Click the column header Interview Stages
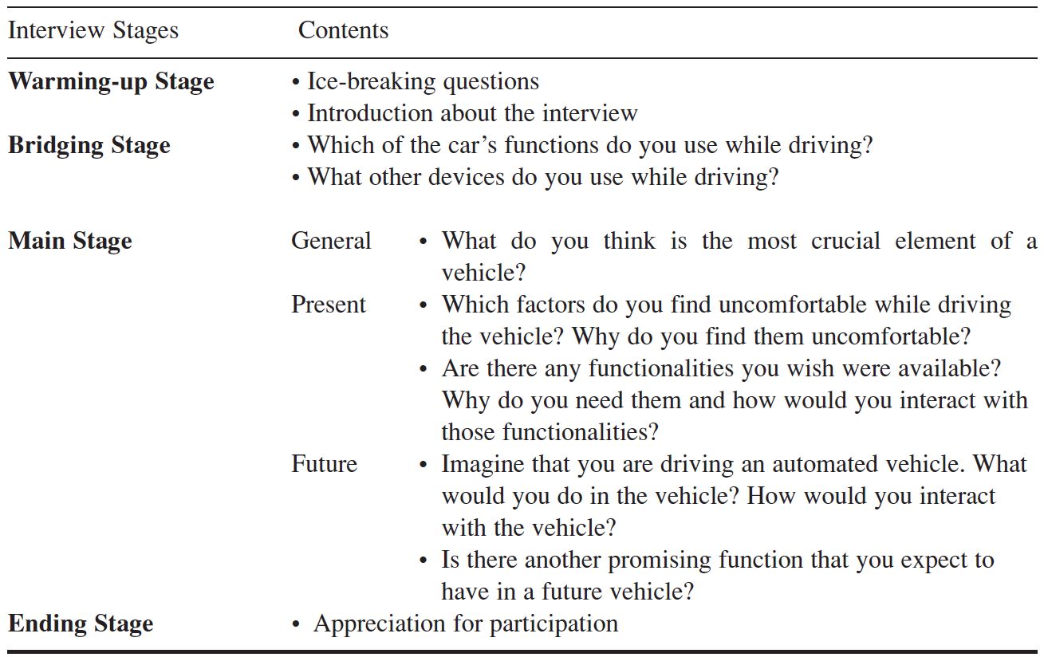tap(93, 31)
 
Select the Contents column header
tap(343, 30)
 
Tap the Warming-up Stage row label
tap(111, 82)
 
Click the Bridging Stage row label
tap(89, 145)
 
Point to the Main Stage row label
tap(70, 242)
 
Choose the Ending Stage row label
tap(81, 624)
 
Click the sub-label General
tap(331, 242)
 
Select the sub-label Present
tap(329, 305)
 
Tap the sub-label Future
tap(324, 464)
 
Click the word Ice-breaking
tap(372, 82)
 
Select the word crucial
tap(845, 242)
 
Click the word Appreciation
tap(380, 624)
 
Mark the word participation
tap(554, 624)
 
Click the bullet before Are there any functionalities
tap(424, 369)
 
